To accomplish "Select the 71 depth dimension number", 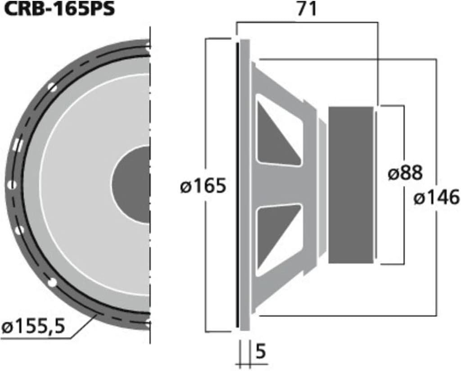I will (x=307, y=9).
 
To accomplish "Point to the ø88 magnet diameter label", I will (x=405, y=173).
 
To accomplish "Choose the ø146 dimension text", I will (x=436, y=197).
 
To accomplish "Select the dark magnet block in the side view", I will (x=351, y=185).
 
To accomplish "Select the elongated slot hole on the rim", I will (x=18, y=145).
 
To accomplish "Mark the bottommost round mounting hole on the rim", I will (x=53, y=283).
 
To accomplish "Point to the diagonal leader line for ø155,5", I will (x=84, y=326).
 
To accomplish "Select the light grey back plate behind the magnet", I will (x=375, y=185).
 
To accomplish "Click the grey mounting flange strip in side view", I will (x=244, y=185).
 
